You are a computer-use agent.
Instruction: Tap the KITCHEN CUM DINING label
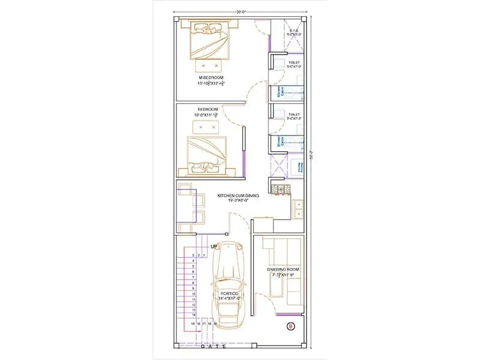pos(233,195)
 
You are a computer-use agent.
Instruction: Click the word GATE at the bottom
pos(215,347)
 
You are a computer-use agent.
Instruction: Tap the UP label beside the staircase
pos(214,246)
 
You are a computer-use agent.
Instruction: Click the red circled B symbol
pos(291,326)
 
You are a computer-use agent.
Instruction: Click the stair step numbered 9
pos(193,288)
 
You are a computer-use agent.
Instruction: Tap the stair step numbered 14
pos(193,314)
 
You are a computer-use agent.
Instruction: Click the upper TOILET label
pos(294,62)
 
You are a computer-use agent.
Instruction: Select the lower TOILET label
pos(294,113)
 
